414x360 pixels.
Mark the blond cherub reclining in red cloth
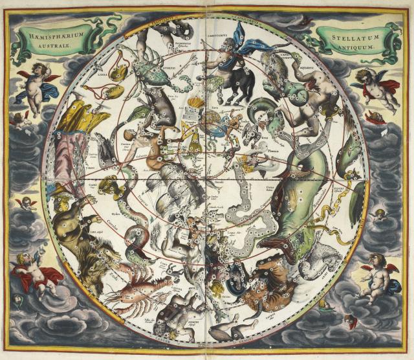point(36,272)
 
